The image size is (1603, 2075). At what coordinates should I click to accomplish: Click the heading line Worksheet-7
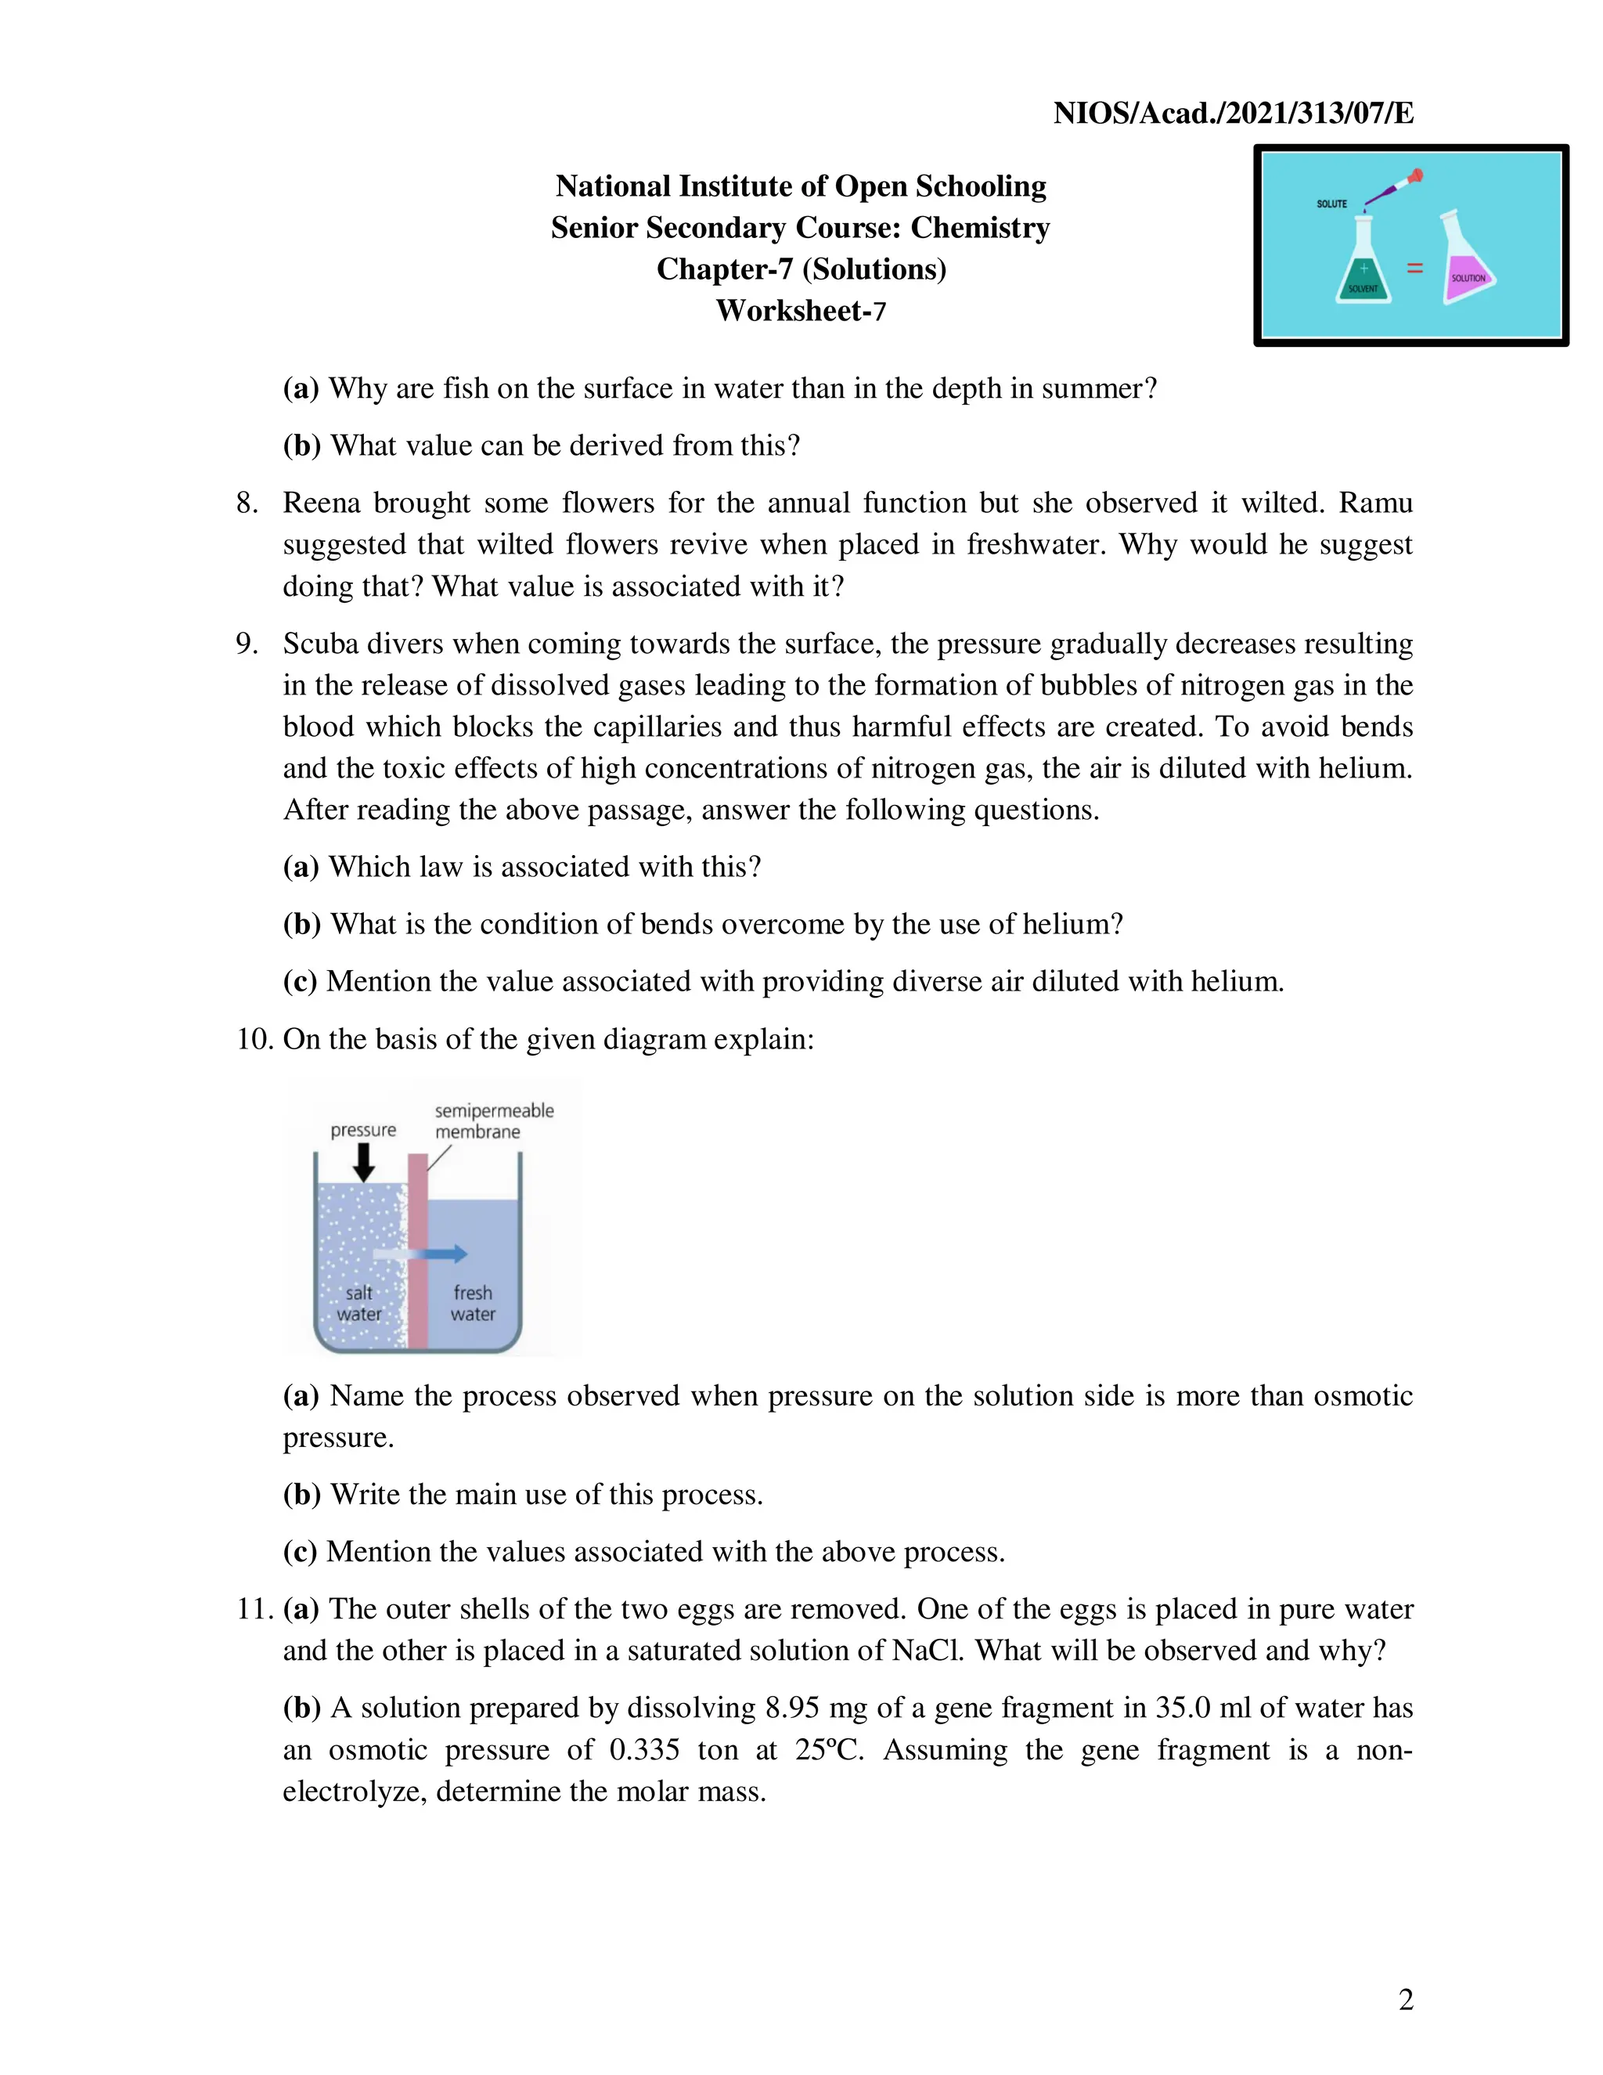point(801,311)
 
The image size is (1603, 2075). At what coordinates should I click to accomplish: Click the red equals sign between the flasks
point(1415,269)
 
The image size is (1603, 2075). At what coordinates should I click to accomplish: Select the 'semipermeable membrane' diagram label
point(493,1121)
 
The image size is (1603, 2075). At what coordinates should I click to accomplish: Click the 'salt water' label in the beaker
point(359,1304)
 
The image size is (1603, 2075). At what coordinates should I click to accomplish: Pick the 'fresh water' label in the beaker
point(473,1304)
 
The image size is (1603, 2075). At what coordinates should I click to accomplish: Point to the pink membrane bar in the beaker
point(418,1254)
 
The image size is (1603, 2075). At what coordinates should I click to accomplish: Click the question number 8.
point(247,503)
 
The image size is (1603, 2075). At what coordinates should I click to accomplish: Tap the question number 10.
point(254,1038)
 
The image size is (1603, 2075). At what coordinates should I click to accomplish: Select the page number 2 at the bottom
point(1406,2000)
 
